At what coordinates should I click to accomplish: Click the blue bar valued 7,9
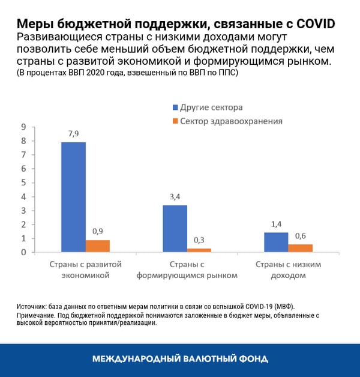(73, 197)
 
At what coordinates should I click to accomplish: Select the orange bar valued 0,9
(98, 246)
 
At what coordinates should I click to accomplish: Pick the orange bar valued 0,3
(199, 250)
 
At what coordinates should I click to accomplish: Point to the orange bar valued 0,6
(301, 248)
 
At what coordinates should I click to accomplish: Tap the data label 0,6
(301, 237)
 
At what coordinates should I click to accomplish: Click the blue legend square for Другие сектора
(175, 108)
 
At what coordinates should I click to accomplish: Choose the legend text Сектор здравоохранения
(232, 121)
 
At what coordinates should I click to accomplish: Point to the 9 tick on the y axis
(23, 127)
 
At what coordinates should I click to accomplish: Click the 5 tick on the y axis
(23, 182)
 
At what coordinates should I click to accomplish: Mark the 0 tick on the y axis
(23, 252)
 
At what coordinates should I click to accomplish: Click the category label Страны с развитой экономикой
(85, 270)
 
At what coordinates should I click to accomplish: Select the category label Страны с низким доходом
(287, 270)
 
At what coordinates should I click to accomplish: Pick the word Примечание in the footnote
(39, 315)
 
